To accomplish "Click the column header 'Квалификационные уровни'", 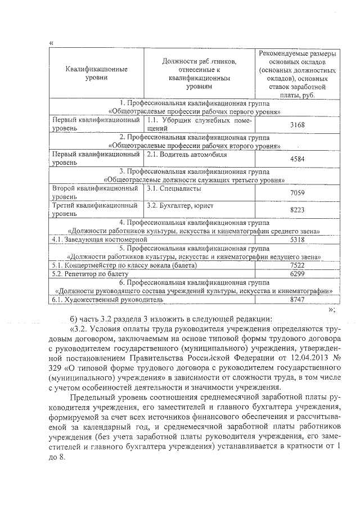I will coord(94,74).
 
